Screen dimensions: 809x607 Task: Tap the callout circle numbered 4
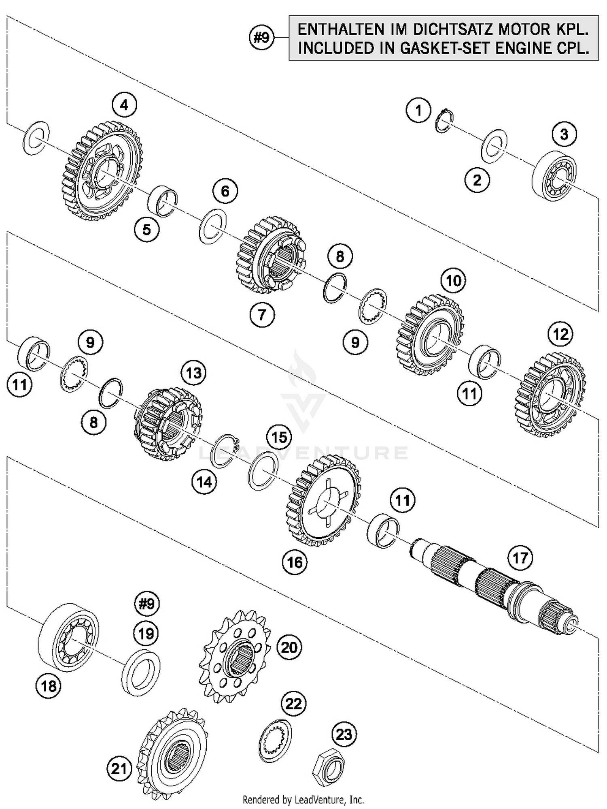pyautogui.click(x=124, y=105)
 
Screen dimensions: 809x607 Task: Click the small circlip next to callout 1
pyautogui.click(x=444, y=121)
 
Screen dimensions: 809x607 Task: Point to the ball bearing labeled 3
pyautogui.click(x=554, y=175)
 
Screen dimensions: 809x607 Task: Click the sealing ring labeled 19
pyautogui.click(x=140, y=672)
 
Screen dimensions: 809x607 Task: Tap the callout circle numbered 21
pyautogui.click(x=119, y=768)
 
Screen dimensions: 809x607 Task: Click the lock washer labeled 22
pyautogui.click(x=275, y=739)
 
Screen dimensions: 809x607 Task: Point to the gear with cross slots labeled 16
pyautogui.click(x=323, y=501)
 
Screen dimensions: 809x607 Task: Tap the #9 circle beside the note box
pyautogui.click(x=261, y=38)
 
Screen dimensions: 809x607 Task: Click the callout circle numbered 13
pyautogui.click(x=193, y=373)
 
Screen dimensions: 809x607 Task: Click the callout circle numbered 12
pyautogui.click(x=560, y=334)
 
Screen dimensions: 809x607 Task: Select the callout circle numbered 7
pyautogui.click(x=262, y=314)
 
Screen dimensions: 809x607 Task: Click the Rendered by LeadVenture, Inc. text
pyautogui.click(x=303, y=799)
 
